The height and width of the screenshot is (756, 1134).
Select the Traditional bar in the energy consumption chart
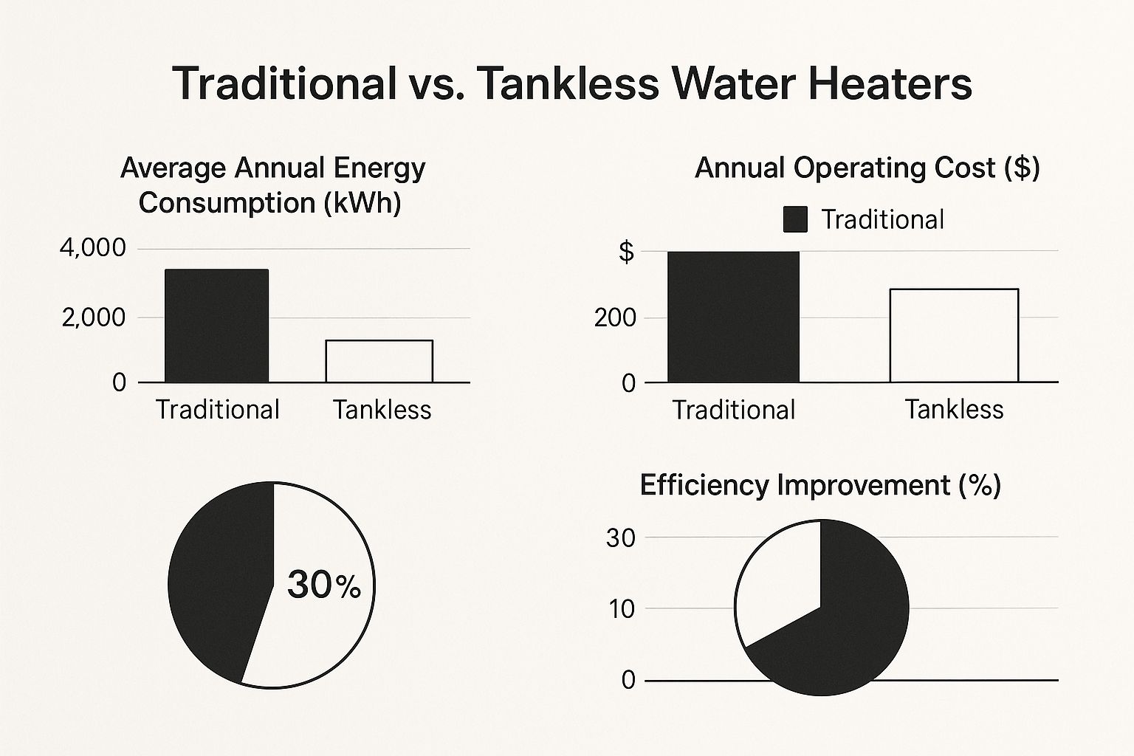click(x=216, y=326)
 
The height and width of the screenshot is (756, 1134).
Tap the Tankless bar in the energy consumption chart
click(x=379, y=361)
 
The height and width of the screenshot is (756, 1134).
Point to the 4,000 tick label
click(x=92, y=248)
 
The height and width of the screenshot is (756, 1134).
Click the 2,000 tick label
click(x=94, y=318)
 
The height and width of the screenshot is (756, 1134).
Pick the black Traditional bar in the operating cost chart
click(x=733, y=317)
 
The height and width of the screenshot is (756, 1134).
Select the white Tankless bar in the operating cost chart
click(x=954, y=335)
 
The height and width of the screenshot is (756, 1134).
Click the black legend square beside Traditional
click(x=795, y=220)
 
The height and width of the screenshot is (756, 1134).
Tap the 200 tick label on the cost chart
click(x=615, y=318)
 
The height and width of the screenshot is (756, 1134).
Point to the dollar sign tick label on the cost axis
click(x=626, y=252)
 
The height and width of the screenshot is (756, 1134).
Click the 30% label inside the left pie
click(x=323, y=585)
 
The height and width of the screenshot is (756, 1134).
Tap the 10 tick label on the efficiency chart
click(x=622, y=609)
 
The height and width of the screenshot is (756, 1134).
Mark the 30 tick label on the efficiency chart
click(x=621, y=538)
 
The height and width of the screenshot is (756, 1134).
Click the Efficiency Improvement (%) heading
click(x=819, y=485)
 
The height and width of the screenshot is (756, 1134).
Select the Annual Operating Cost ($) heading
click(x=867, y=168)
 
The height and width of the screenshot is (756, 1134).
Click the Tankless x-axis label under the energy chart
click(x=382, y=410)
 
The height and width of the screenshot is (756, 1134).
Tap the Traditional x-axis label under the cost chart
click(x=733, y=410)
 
